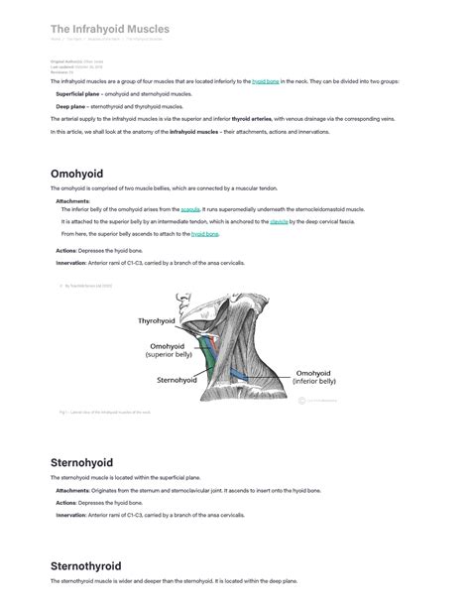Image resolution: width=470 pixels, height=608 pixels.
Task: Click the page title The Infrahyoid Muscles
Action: (x=109, y=30)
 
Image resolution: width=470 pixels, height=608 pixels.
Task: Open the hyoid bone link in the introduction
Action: (x=265, y=81)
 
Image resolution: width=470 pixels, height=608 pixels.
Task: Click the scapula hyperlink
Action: (x=190, y=209)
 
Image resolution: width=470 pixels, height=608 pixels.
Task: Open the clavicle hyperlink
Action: (x=279, y=222)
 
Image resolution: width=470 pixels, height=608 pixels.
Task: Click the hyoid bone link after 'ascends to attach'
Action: (x=205, y=234)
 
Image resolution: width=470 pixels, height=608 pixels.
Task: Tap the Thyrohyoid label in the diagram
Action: (x=156, y=321)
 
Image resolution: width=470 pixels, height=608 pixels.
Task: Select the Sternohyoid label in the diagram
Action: (x=179, y=379)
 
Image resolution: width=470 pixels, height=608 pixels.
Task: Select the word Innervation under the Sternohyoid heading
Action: (x=70, y=515)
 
